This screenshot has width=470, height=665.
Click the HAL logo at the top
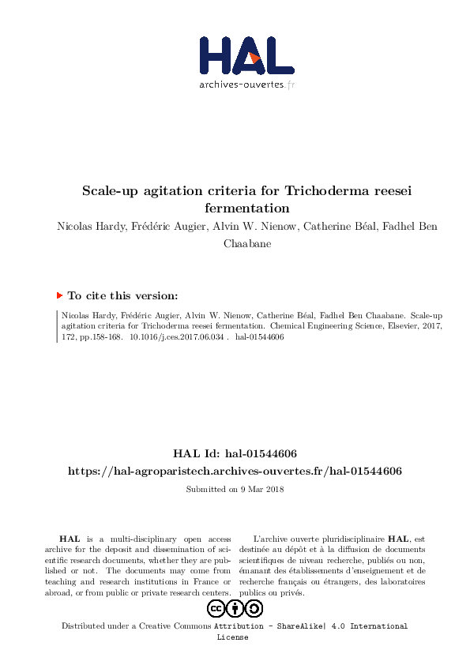(246, 56)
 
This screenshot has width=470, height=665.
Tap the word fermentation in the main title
(246, 209)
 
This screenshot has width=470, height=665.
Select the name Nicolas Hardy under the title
(88, 227)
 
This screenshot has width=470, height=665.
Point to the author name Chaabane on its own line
(246, 244)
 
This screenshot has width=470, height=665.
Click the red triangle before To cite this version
(60, 295)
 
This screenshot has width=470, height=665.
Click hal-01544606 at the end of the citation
(260, 337)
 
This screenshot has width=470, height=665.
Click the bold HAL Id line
(235, 454)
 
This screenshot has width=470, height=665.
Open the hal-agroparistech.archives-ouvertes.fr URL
(235, 471)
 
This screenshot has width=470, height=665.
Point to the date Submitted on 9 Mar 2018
(235, 490)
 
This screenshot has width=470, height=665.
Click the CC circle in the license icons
(216, 608)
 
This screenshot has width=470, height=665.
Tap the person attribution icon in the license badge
(235, 608)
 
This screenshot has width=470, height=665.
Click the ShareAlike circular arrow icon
(254, 608)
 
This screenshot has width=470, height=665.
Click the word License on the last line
(232, 637)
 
